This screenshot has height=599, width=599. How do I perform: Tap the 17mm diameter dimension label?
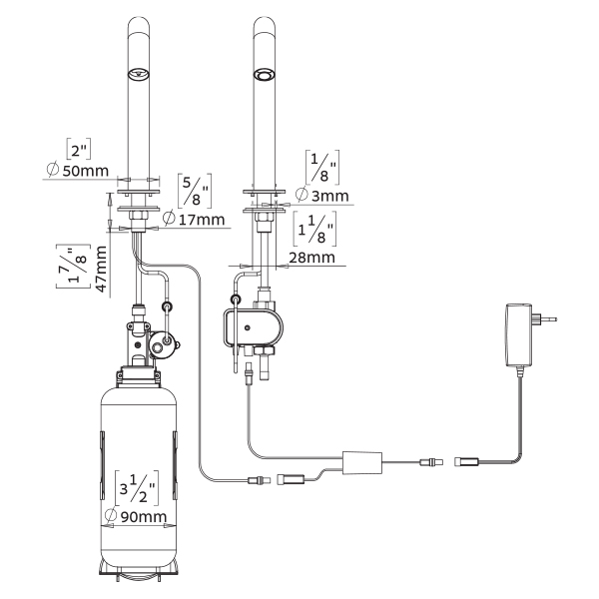coord(196,219)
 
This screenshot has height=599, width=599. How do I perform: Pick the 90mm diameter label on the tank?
coord(141,518)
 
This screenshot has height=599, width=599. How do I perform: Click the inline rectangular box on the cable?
coord(365,462)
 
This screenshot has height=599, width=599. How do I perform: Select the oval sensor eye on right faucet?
coord(265,75)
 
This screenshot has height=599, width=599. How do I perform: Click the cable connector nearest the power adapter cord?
coord(469,462)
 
